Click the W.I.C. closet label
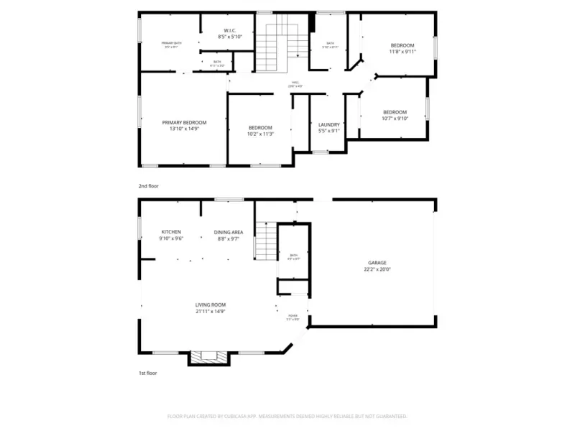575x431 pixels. pyautogui.click(x=231, y=30)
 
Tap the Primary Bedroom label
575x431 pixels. pyautogui.click(x=184, y=122)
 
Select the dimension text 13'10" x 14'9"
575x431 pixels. pyautogui.click(x=184, y=129)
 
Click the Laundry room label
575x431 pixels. pyautogui.click(x=328, y=124)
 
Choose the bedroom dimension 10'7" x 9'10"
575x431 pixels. pyautogui.click(x=395, y=119)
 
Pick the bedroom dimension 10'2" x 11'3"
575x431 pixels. pyautogui.click(x=260, y=134)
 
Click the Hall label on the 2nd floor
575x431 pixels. pyautogui.click(x=295, y=83)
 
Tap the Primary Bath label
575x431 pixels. pyautogui.click(x=171, y=43)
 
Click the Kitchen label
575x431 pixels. pyautogui.click(x=171, y=231)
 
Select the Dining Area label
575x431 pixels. pyautogui.click(x=229, y=231)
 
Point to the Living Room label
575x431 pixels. pyautogui.click(x=211, y=305)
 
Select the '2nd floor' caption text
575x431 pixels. pyautogui.click(x=149, y=186)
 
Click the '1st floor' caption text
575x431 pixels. pyautogui.click(x=148, y=374)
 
